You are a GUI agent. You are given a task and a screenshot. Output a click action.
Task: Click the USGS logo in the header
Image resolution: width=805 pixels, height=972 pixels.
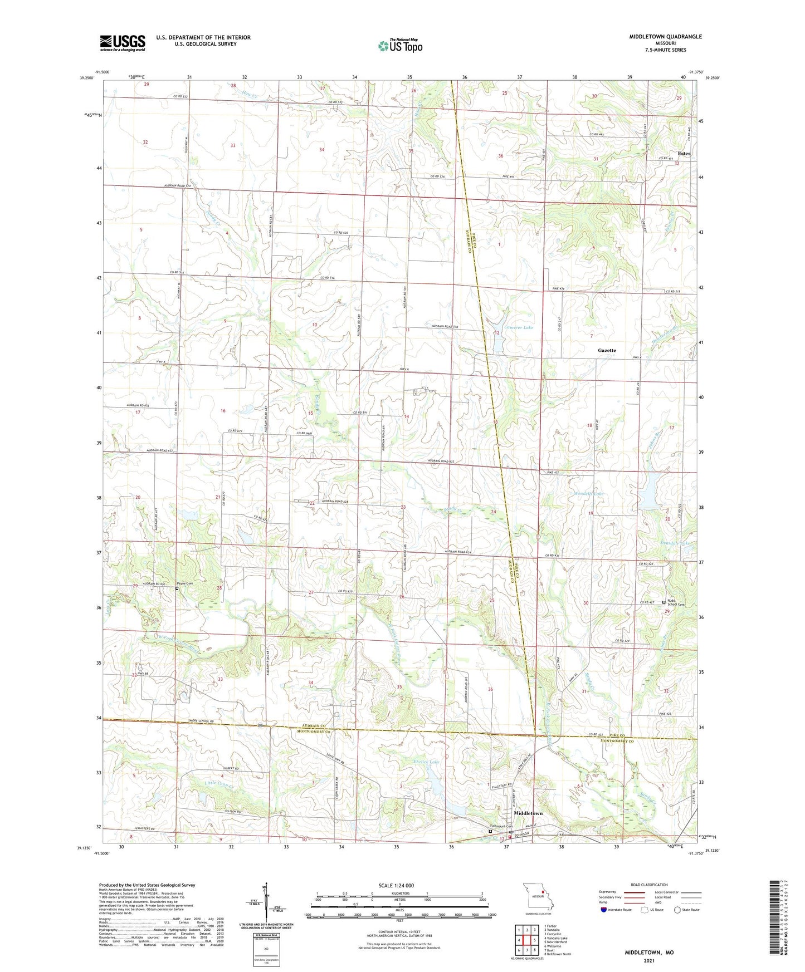(x=123, y=42)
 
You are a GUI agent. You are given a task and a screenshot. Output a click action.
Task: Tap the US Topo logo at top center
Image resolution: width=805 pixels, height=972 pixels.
(x=399, y=46)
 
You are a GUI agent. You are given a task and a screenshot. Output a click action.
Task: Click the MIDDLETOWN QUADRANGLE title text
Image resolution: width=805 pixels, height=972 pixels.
(x=665, y=37)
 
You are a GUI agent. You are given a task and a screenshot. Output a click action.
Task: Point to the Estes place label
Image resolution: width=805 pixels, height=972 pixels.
(x=684, y=153)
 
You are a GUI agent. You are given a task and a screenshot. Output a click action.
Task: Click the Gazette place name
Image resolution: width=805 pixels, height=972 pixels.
(x=607, y=350)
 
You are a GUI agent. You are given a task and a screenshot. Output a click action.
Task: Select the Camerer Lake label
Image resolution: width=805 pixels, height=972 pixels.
(x=518, y=327)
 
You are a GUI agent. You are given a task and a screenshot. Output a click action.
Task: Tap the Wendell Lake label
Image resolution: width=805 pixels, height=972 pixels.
(x=588, y=494)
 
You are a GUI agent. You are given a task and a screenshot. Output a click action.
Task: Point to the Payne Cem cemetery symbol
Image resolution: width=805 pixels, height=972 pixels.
(x=177, y=588)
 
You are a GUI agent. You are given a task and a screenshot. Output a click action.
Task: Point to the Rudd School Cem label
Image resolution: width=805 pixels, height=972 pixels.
(x=676, y=603)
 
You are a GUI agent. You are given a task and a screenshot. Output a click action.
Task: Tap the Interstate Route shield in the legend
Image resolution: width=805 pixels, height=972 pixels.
(x=604, y=909)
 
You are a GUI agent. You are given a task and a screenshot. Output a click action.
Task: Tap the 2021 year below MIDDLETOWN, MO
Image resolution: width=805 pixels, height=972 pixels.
(x=648, y=960)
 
